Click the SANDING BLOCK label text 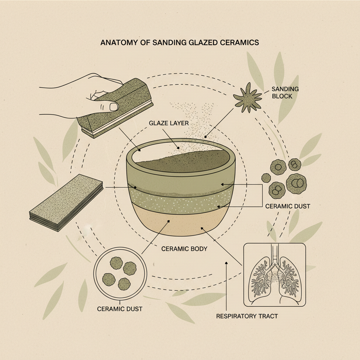285,92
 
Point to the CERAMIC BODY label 184,249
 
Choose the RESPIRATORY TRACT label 247,316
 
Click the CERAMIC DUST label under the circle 120,309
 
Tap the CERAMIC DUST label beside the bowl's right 288,206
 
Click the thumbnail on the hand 113,106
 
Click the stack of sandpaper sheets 66,203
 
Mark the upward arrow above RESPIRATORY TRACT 227,281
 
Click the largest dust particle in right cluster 296,182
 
